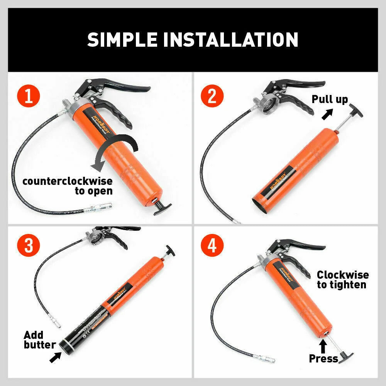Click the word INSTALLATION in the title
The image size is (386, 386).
pos(230,40)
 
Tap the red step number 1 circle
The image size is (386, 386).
pos(29,96)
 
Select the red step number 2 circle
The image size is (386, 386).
pos(212,96)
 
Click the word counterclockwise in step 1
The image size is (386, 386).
pos(67,181)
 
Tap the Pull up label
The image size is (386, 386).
pos(330,99)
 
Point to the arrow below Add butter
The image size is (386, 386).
pos(55,357)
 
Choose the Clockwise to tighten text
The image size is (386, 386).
pos(342,280)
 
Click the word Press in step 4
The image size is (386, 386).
pos(323,359)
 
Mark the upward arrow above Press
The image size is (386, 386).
pos(323,344)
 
